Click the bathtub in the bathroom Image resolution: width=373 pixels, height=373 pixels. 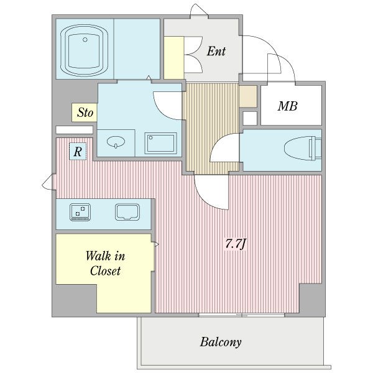pos(85,51)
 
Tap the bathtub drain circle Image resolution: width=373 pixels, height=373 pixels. pos(85,40)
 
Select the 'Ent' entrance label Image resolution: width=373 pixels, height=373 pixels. pos(216,51)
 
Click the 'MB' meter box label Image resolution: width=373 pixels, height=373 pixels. pos(288,106)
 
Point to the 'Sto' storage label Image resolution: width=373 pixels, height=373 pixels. pos(85,113)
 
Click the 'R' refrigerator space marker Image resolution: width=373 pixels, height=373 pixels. pos(78,151)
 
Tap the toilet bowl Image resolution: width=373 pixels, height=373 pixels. pos(303,149)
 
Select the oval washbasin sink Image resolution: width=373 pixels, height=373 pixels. pos(116,142)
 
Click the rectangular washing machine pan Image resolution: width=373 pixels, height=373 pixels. pos(160,143)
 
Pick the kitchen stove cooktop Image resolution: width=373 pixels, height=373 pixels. pos(80,212)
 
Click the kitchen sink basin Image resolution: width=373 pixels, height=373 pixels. pos(127,212)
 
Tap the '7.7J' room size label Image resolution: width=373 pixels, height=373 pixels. pos(235,244)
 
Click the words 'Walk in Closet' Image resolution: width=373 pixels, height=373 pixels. pos(105,264)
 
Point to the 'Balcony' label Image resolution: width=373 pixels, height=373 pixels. pos(221,343)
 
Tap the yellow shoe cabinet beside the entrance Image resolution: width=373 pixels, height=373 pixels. pos(174,58)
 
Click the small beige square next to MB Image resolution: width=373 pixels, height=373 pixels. pos(248,96)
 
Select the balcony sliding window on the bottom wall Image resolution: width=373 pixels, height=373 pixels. pos(242,315)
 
